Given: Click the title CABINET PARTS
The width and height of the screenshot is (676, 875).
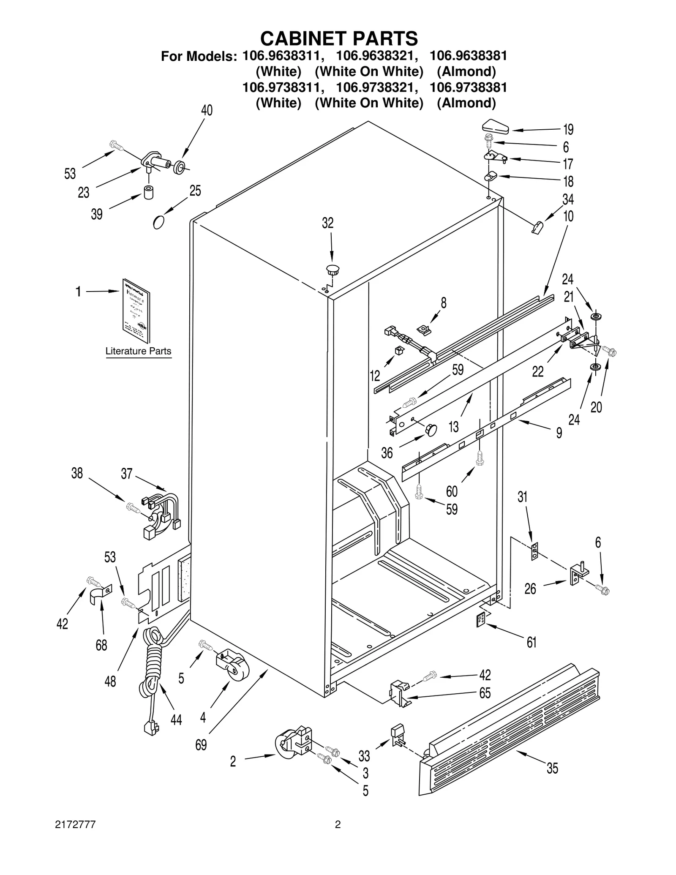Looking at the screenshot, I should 339,38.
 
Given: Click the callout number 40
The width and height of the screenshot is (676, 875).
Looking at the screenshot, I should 207,110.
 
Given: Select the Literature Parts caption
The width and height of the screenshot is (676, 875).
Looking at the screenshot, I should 138,351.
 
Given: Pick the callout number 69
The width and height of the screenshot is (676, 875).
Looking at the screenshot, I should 201,745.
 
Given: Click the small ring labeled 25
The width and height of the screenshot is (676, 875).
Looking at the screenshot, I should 158,222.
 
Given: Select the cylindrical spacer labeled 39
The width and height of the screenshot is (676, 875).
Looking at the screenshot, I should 148,192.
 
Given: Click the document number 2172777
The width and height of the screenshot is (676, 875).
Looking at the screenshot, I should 75,825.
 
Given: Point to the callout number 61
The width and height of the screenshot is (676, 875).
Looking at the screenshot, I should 532,642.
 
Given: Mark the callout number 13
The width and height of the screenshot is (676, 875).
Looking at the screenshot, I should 453,427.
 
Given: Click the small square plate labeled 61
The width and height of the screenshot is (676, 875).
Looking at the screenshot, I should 480,621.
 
